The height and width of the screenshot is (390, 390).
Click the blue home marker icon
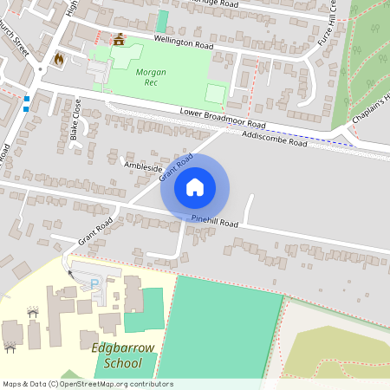[195, 186]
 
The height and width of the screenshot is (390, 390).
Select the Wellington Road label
[183, 42]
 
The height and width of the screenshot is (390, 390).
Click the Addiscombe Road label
[276, 139]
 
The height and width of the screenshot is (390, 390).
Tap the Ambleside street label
[143, 166]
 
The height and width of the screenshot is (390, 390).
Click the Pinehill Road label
[215, 222]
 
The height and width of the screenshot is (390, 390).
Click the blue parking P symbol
[94, 283]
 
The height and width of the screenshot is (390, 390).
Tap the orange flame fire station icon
[59, 58]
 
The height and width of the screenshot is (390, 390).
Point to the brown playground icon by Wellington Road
[119, 38]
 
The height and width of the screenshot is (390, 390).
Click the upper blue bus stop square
[27, 100]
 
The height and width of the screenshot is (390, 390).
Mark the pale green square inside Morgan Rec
[215, 93]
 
